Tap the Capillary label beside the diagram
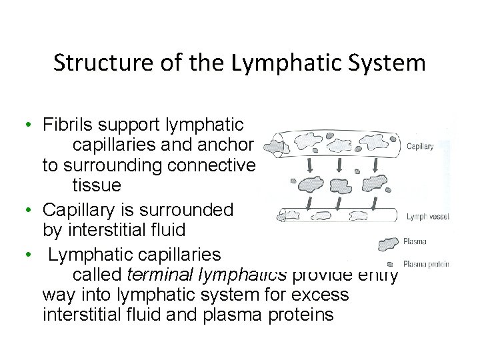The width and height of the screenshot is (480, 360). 420,147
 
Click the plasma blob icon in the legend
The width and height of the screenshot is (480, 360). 389,244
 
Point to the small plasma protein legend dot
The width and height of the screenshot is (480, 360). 390,263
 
